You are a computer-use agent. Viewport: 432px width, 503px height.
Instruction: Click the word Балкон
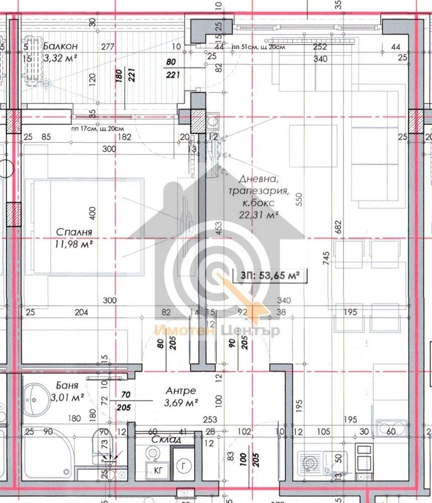60,46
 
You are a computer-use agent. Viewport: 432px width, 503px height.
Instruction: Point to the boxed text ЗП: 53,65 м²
270,275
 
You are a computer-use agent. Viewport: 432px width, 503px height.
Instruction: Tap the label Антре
181,391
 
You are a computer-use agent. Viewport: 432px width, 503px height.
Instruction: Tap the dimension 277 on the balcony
107,47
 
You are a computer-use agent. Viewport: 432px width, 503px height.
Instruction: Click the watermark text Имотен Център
217,331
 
